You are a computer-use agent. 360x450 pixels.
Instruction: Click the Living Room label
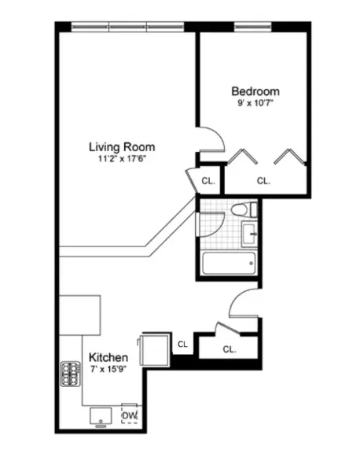click(121, 146)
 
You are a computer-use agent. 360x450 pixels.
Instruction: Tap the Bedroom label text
click(255, 90)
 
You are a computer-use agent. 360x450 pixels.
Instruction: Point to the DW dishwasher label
click(129, 416)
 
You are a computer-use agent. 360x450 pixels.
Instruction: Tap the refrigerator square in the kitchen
click(152, 348)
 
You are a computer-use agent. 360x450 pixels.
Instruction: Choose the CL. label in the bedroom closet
click(263, 180)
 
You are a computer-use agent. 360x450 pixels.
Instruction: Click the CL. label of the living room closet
click(208, 181)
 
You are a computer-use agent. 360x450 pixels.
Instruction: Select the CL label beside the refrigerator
click(182, 343)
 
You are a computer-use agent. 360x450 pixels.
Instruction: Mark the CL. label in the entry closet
click(229, 349)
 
